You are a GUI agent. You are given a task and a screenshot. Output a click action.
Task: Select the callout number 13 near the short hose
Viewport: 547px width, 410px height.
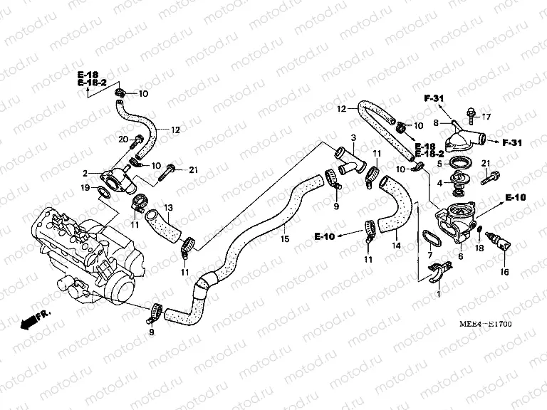tap(169, 207)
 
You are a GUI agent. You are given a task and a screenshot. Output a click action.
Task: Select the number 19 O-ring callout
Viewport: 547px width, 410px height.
tap(85, 188)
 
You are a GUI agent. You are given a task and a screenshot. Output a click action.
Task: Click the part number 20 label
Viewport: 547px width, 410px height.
tap(122, 138)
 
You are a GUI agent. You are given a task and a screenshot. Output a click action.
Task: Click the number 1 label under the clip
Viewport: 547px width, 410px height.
tap(439, 293)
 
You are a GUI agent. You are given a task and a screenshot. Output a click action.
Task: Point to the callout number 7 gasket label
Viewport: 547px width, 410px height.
tap(429, 254)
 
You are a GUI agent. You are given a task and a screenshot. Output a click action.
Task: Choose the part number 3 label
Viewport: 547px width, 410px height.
tap(352, 137)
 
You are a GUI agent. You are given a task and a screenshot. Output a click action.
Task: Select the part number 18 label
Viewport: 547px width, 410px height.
tap(479, 248)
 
